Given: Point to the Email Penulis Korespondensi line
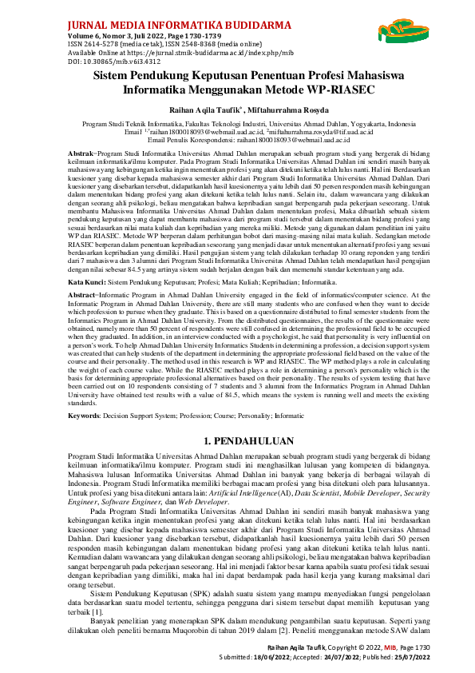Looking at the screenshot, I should click(237, 139).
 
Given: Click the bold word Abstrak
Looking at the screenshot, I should click(80, 152).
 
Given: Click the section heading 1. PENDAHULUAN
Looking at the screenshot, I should click(237, 440).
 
